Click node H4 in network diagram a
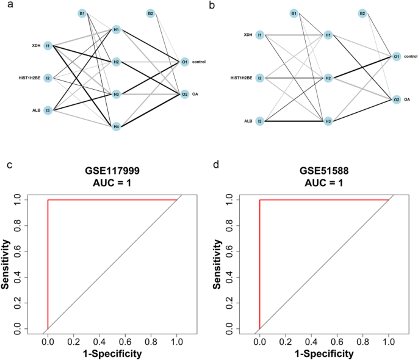[x=116, y=126]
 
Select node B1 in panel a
[x=82, y=13]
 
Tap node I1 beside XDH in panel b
[x=259, y=35]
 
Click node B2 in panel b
[x=362, y=13]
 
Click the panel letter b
[x=211, y=5]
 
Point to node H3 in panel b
[x=328, y=121]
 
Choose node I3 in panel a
[x=48, y=110]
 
